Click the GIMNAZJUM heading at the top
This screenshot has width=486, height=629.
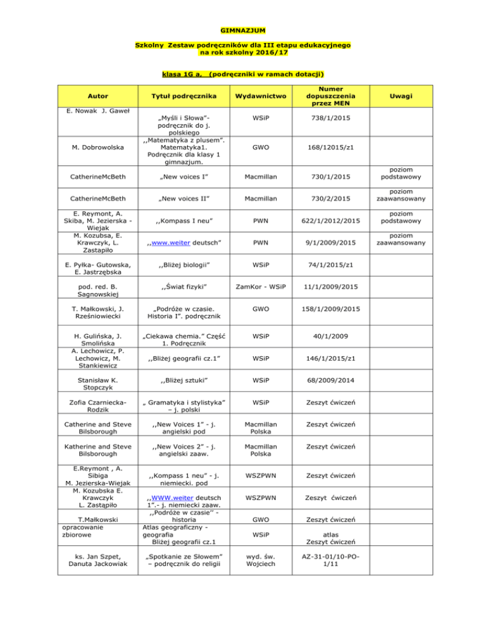(243, 30)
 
